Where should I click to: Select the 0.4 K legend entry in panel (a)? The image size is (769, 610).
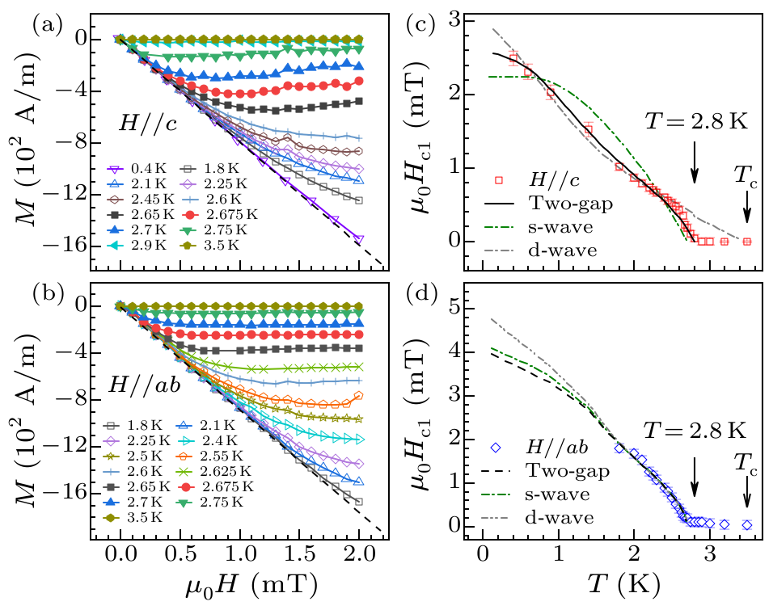(130, 170)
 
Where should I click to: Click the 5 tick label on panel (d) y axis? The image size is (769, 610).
(465, 308)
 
